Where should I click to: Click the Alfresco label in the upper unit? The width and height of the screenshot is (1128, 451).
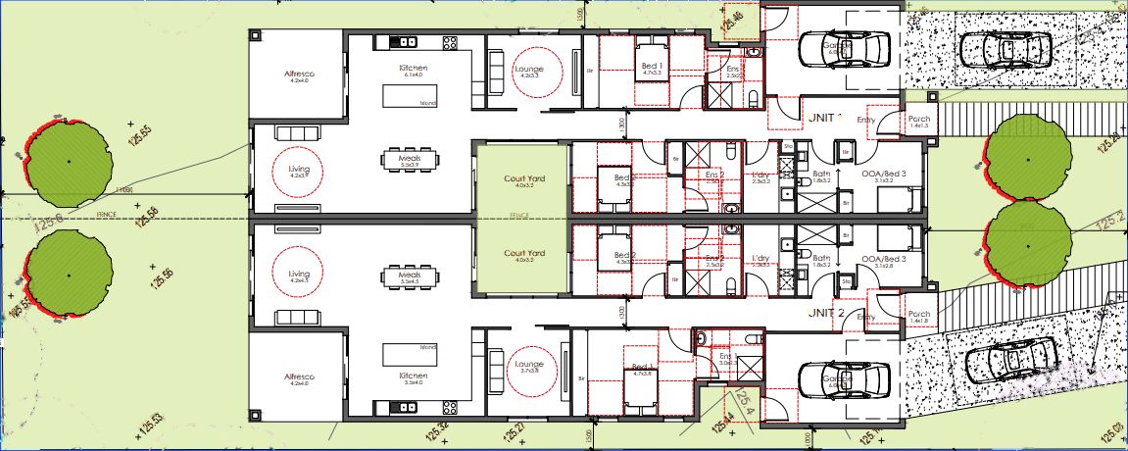click(299, 74)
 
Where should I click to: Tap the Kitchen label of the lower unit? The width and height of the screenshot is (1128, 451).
click(414, 376)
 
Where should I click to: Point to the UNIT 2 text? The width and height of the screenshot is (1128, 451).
click(826, 313)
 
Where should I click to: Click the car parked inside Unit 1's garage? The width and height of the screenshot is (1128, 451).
click(844, 47)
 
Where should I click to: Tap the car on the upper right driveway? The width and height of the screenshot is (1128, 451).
click(1005, 47)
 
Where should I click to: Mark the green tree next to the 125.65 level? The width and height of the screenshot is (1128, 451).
click(68, 160)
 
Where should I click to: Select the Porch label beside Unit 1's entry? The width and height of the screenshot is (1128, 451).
click(918, 121)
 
